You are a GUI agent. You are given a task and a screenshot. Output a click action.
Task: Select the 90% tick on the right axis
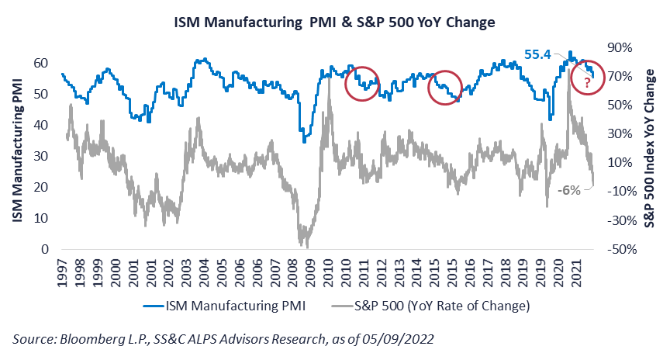tap(618, 47)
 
